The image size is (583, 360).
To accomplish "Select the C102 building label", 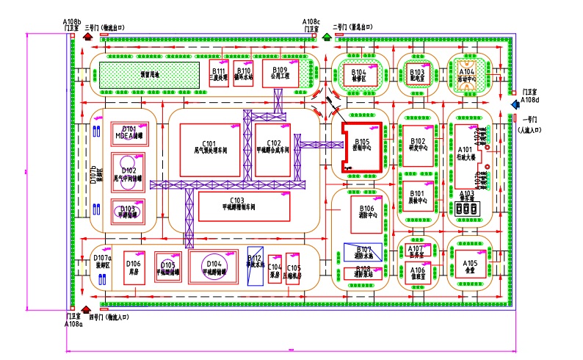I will (x=272, y=143).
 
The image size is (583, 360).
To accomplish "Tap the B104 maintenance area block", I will (x=358, y=75).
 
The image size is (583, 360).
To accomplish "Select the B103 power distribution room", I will (x=418, y=74).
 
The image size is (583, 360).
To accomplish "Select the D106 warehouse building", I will (x=134, y=267).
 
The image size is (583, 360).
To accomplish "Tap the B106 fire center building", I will (x=366, y=211).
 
